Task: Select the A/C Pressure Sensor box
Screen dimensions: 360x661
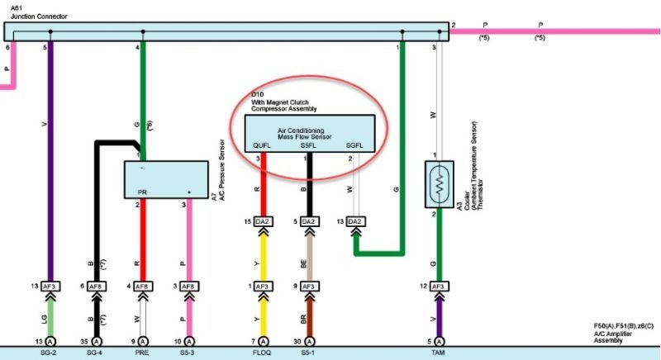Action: pyautogui.click(x=165, y=179)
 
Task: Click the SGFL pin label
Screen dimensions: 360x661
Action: pyautogui.click(x=355, y=145)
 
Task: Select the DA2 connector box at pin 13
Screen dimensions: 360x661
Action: pyautogui.click(x=355, y=221)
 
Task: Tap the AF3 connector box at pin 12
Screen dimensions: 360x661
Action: pyautogui.click(x=437, y=286)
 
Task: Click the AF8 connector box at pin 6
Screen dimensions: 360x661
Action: pyautogui.click(x=97, y=286)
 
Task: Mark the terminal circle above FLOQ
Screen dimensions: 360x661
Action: pyautogui.click(x=263, y=341)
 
